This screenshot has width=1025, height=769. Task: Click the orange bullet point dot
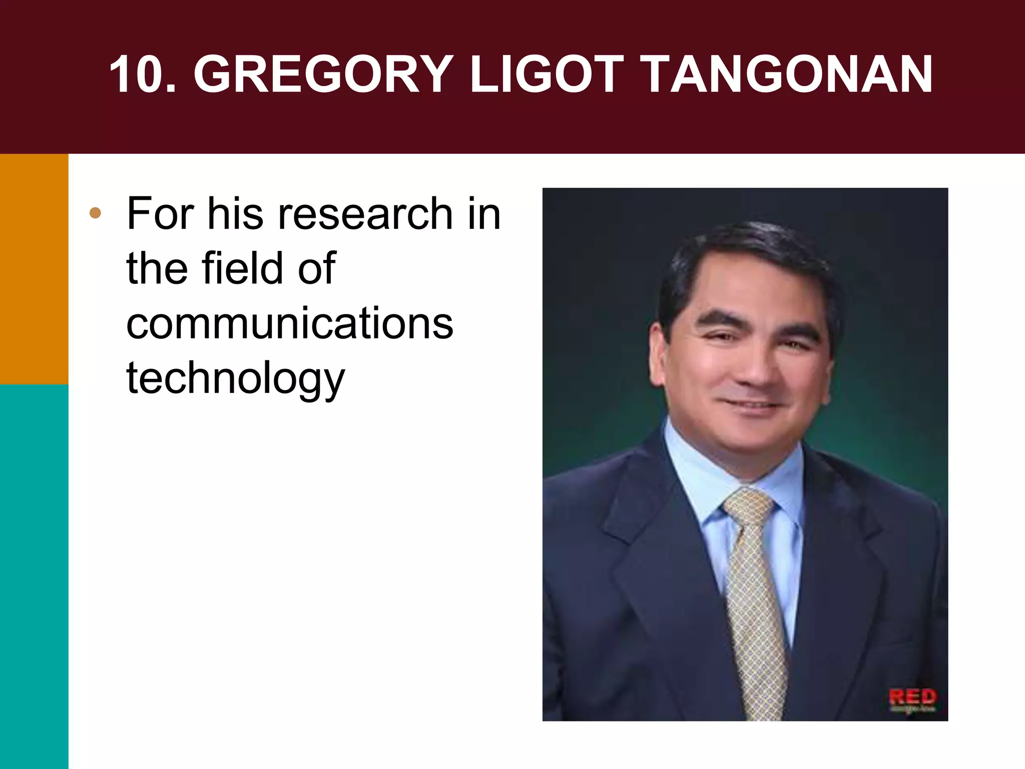95,214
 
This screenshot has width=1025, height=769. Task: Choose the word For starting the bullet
160,214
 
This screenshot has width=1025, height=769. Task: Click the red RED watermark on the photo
912,697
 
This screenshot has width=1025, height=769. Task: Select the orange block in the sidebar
34,269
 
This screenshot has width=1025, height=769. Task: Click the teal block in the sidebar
34,576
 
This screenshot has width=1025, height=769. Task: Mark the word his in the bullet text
235,214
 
